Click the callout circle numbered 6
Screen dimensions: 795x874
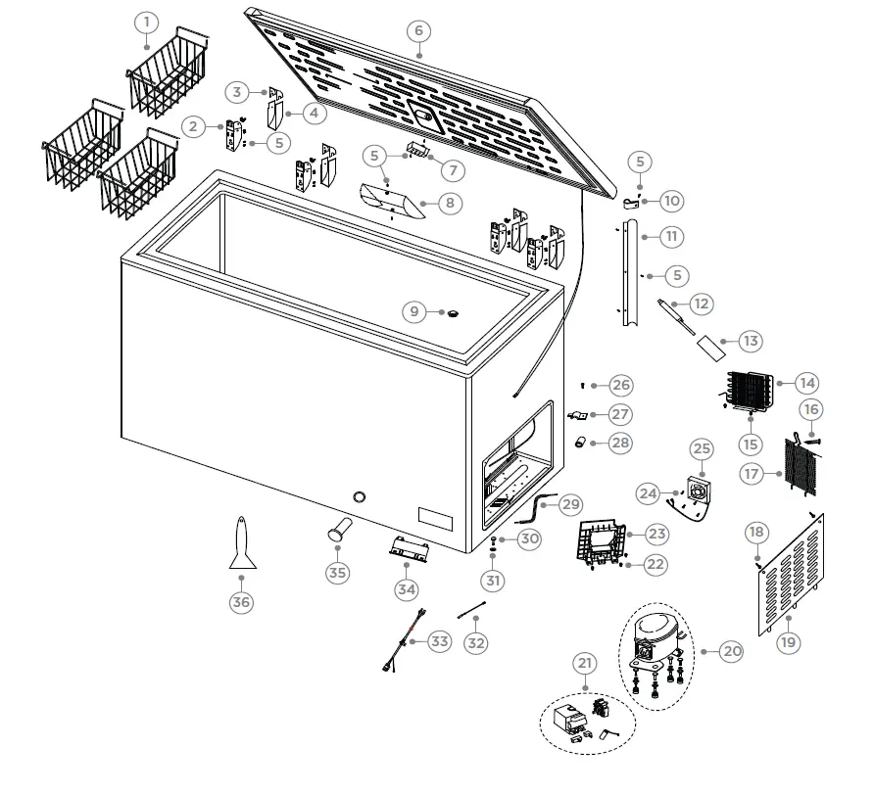coord(418,30)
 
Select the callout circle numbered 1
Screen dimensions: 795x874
coord(145,22)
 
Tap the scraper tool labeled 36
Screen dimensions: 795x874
coord(241,545)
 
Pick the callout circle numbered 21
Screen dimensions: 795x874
coord(585,664)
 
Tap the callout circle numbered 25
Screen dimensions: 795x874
coord(702,449)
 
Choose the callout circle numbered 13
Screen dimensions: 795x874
coord(750,342)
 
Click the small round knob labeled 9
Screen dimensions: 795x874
coord(454,312)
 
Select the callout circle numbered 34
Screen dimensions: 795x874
coord(407,589)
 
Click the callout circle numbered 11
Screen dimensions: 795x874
coord(672,236)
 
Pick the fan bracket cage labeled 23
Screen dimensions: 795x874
coord(601,543)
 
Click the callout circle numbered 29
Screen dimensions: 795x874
coord(570,505)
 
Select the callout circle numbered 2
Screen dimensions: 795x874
coord(193,125)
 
